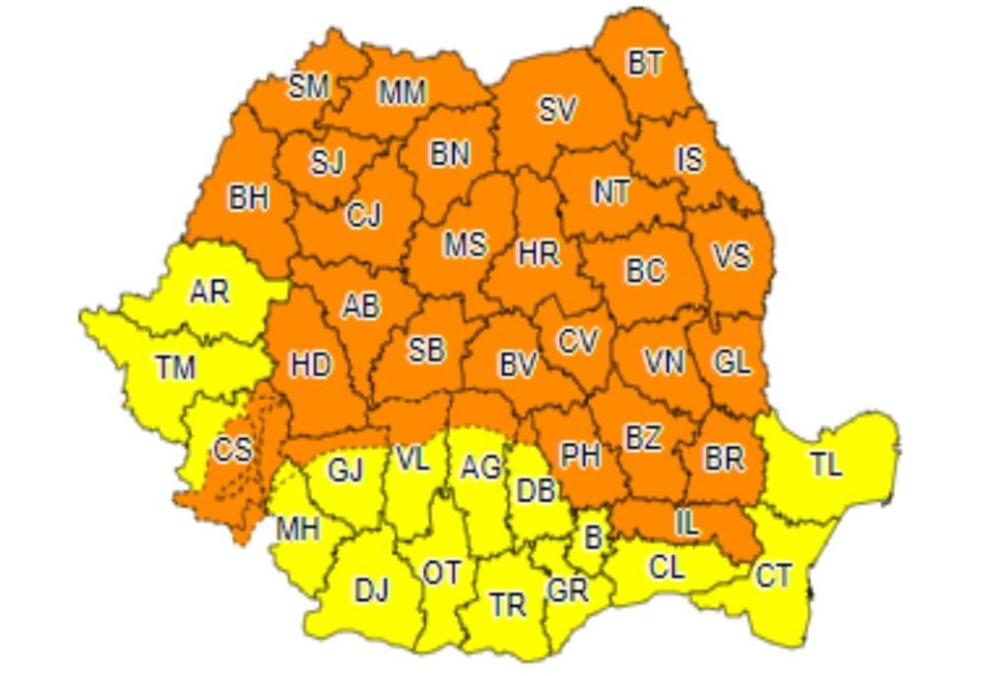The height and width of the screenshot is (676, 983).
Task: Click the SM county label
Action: pos(308,87)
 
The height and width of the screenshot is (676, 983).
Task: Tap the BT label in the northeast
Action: pos(645,64)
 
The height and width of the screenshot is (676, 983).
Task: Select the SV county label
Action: pos(556,110)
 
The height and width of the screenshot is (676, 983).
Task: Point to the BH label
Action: pos(249,197)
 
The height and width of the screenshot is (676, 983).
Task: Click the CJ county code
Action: pos(363,214)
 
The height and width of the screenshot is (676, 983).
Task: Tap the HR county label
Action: pos(538,253)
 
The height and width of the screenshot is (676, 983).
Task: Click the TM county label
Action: pos(175,368)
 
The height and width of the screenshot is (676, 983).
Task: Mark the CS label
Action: pos(233,451)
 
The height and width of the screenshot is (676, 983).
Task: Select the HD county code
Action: pos(311,365)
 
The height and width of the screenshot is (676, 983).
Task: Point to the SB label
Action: pos(426,350)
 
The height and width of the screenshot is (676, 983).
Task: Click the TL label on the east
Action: pos(826,464)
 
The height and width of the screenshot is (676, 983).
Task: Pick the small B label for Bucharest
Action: pos(592,536)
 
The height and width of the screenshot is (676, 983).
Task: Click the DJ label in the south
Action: pos(371,590)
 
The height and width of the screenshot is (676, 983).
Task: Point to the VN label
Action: pos(665,362)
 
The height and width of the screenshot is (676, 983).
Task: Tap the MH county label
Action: pos(298,529)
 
